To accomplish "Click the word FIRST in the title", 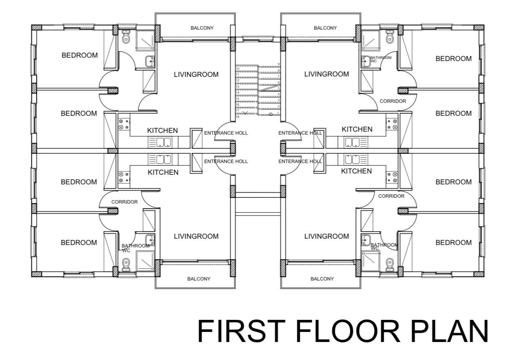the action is point(241,331).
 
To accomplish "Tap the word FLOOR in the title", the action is point(348,331).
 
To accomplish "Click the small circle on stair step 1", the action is point(271,114).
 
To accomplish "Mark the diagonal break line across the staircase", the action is point(269,88).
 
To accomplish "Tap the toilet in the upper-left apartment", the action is point(126,37).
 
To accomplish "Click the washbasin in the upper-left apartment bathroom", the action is point(150,61).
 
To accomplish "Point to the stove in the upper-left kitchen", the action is point(124,124).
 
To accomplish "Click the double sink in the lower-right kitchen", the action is point(352,159).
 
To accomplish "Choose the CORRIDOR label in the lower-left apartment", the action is point(125,202).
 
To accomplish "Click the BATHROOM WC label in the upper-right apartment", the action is point(381,59).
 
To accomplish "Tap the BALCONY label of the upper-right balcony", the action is point(325,28).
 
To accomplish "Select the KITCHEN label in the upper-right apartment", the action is point(357,129).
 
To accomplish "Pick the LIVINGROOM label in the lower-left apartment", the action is point(196,236).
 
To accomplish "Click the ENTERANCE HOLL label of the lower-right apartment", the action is point(300,161).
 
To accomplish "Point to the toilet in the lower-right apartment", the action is point(390,265).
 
